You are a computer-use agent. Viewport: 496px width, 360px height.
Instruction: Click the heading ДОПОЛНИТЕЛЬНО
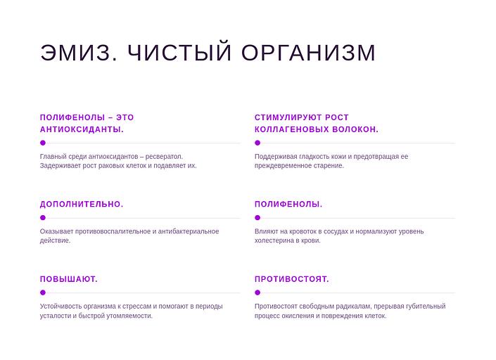(x=82, y=205)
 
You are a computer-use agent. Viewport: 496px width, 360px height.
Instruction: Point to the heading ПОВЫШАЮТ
(x=69, y=280)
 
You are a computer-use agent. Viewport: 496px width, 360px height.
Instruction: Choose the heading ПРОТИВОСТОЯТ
(x=292, y=280)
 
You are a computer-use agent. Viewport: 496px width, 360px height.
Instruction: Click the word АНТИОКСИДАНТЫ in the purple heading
(x=82, y=129)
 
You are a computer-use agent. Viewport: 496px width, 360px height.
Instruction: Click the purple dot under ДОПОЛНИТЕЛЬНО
(x=43, y=218)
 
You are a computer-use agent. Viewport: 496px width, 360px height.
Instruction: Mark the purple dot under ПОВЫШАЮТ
(x=43, y=292)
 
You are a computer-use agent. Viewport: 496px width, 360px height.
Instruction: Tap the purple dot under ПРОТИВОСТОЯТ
(x=257, y=292)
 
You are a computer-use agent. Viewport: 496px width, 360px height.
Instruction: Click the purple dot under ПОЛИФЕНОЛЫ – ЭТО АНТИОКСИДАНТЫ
(x=43, y=143)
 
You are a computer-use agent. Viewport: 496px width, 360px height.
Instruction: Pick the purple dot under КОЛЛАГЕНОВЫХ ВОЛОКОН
(x=257, y=143)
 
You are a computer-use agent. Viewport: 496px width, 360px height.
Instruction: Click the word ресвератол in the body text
(x=164, y=157)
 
